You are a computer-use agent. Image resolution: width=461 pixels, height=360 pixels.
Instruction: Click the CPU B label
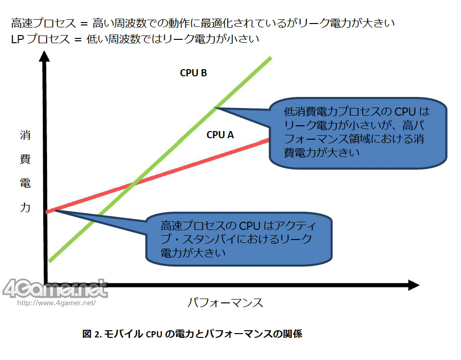click(x=193, y=73)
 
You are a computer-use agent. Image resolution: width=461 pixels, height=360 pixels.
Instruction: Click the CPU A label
click(x=220, y=135)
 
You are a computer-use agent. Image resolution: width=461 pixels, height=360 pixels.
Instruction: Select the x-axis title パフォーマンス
click(x=225, y=303)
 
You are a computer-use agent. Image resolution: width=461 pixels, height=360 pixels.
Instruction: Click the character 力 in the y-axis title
click(x=25, y=208)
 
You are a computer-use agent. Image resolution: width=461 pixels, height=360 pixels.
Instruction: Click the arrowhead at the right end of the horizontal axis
click(x=413, y=286)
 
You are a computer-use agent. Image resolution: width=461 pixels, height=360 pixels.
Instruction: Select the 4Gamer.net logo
click(x=55, y=288)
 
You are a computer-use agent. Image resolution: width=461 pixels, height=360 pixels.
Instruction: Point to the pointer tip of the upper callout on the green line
click(x=216, y=108)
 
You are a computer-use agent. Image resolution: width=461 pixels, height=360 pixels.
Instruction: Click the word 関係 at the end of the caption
click(x=291, y=334)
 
